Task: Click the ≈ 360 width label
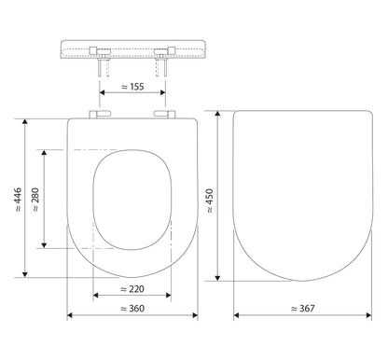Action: pos(132,308)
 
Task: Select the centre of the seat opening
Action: pos(132,200)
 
